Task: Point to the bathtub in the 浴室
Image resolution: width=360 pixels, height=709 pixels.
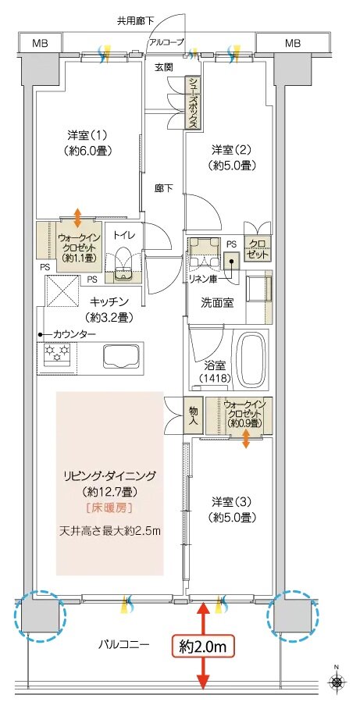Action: point(251,358)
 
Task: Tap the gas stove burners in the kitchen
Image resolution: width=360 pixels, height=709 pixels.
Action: point(58,356)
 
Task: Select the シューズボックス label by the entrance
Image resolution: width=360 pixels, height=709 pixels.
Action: point(191,102)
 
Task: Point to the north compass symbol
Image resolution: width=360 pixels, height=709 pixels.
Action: point(337,682)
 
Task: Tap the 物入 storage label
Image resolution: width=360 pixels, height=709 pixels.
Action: point(191,413)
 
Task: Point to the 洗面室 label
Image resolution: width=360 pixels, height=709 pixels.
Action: point(215,303)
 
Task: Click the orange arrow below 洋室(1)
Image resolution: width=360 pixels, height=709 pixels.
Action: point(77,215)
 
